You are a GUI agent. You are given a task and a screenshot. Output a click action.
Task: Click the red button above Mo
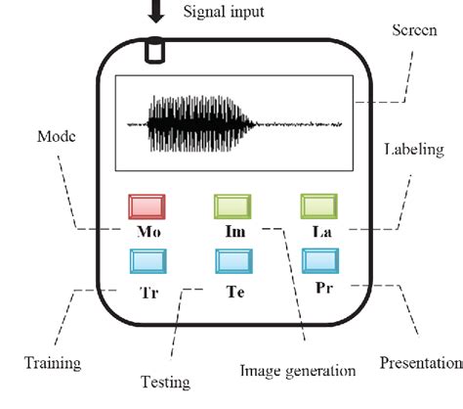coord(149,207)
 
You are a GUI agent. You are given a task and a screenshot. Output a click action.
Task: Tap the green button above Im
coord(233,207)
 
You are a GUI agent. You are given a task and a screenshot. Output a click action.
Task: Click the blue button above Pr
coord(320,260)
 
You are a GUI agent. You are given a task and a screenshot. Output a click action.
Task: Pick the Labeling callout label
coord(413,150)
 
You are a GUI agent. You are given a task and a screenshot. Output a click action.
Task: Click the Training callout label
coord(53,363)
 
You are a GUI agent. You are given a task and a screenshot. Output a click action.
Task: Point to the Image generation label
coord(298,371)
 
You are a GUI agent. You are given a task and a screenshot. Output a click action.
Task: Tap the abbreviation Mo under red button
coord(149,236)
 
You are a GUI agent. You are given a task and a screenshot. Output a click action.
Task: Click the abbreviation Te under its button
coord(234,291)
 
